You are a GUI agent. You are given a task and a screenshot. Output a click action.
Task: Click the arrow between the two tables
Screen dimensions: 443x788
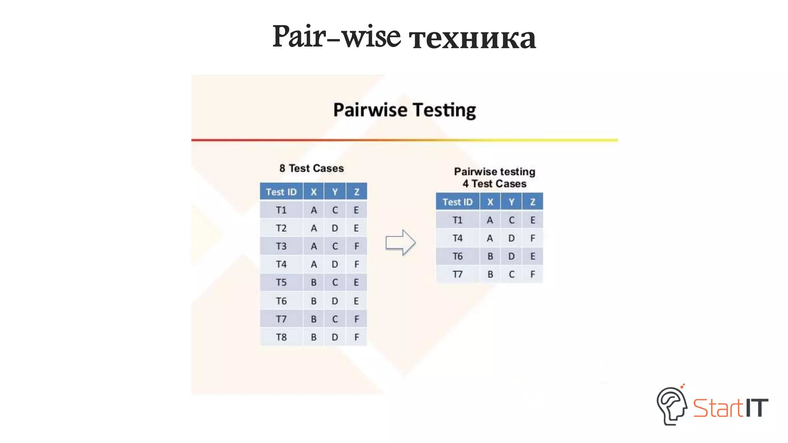point(400,242)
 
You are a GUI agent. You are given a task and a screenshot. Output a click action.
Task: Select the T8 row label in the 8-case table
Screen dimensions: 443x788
point(281,337)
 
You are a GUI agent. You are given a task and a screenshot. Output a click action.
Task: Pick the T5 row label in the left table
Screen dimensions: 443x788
point(281,283)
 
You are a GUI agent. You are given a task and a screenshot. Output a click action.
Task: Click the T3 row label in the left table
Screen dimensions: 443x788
point(281,246)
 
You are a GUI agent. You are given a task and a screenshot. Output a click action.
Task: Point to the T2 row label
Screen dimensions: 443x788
point(281,228)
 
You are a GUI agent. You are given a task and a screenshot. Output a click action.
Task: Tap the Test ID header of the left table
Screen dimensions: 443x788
point(281,192)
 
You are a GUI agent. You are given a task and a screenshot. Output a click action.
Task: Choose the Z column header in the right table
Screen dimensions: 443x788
point(533,202)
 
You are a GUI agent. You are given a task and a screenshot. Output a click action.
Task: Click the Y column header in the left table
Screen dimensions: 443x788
point(335,192)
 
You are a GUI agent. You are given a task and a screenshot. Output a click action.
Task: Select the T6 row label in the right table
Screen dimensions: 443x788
point(457,256)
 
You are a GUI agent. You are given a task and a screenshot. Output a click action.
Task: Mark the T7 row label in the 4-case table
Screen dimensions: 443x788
point(457,275)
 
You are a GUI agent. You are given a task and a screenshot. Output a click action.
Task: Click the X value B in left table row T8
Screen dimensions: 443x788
point(314,337)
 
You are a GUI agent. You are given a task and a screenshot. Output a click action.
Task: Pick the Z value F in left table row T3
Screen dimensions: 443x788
point(356,246)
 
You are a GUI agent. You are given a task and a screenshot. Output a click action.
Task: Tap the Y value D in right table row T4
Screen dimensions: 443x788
point(511,238)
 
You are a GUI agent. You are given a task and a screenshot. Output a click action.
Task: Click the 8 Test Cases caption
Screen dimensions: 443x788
point(312,168)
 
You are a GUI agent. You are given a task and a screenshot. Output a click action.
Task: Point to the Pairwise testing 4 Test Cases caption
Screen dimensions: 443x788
point(494,178)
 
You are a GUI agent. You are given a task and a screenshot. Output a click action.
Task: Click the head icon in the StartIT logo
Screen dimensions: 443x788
point(671,406)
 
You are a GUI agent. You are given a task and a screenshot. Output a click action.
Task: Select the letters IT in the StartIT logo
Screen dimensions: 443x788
point(756,408)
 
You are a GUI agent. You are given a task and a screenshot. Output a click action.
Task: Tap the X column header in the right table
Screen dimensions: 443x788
point(490,202)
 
